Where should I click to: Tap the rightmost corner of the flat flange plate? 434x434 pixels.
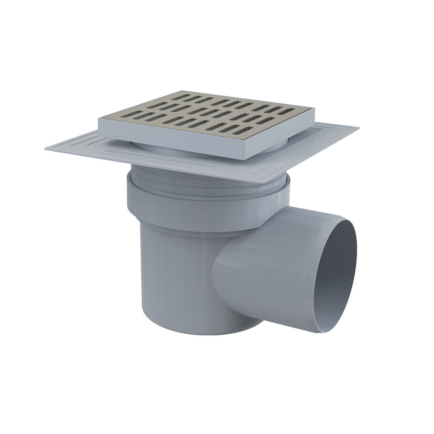point(358,127)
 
